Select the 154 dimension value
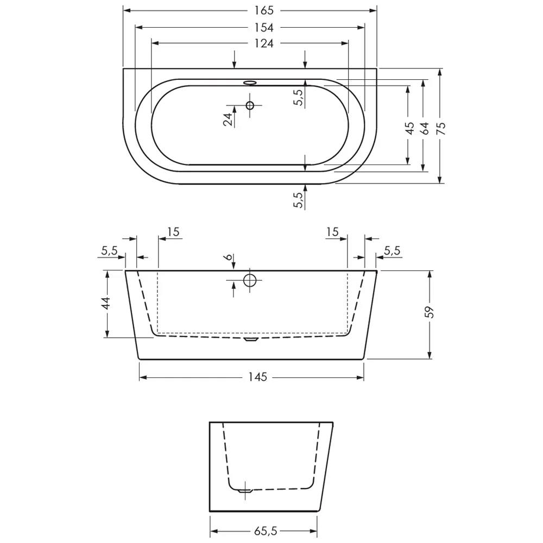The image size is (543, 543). click(x=263, y=27)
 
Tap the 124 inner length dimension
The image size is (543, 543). click(x=263, y=43)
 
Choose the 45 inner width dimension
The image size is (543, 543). click(x=410, y=128)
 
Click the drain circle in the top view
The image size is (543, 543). click(x=250, y=105)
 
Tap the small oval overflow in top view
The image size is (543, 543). click(x=250, y=83)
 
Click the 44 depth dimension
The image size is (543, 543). click(x=106, y=303)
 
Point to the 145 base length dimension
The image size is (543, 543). click(x=258, y=377)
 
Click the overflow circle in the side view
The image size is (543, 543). click(x=250, y=280)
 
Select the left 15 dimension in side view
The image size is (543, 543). click(x=173, y=232)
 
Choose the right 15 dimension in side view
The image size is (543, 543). click(x=332, y=232)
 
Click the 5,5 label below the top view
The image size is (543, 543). click(x=297, y=200)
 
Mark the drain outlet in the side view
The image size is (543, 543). click(x=250, y=339)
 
